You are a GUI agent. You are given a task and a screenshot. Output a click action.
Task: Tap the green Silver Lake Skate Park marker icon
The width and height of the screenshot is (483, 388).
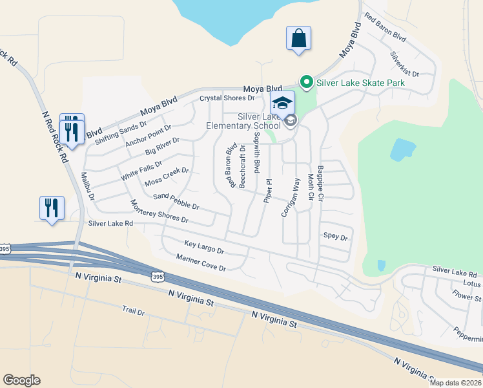(x=306, y=82)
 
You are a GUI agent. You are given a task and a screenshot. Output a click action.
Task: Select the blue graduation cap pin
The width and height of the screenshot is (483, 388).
(x=282, y=103)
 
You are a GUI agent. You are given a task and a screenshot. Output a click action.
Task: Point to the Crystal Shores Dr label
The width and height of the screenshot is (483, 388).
(x=227, y=98)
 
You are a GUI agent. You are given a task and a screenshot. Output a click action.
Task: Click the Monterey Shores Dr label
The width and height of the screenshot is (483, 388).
(x=159, y=211)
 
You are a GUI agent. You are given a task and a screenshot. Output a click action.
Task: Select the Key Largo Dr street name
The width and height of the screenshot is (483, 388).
(x=203, y=247)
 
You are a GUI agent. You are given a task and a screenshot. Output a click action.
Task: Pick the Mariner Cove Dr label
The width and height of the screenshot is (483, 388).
(x=201, y=263)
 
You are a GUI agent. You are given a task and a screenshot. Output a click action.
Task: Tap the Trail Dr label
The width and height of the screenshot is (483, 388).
(x=134, y=311)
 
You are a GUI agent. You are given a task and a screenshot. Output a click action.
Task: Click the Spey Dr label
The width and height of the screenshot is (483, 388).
(x=335, y=237)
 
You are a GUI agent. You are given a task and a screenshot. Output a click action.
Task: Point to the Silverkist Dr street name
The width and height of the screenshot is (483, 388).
(x=405, y=65)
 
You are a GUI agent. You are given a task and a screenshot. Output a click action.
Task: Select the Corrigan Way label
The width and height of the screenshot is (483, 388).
(x=291, y=197)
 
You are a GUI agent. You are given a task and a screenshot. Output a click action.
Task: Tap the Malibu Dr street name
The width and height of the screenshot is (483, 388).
(x=88, y=186)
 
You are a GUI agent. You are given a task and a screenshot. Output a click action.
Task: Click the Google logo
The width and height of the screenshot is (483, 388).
(x=21, y=380)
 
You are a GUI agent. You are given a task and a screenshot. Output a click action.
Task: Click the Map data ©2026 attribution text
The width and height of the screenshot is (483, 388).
(x=455, y=383)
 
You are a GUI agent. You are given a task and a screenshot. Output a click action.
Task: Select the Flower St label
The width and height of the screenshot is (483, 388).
(x=467, y=297)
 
